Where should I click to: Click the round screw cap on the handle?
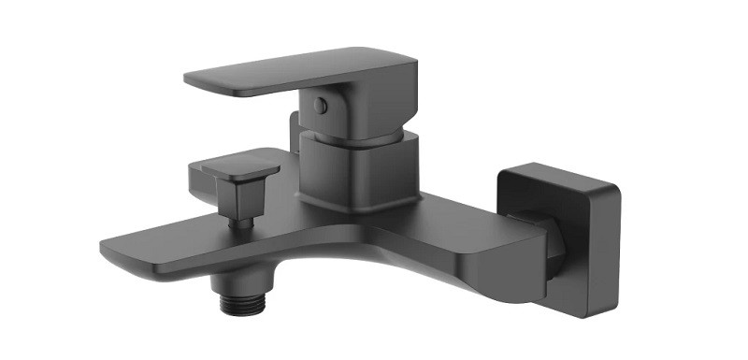point(321,107)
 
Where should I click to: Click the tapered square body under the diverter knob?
point(235,195)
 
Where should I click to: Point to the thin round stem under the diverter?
point(242,223)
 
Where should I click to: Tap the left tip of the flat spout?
point(108,248)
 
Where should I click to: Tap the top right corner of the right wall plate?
point(614,182)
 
